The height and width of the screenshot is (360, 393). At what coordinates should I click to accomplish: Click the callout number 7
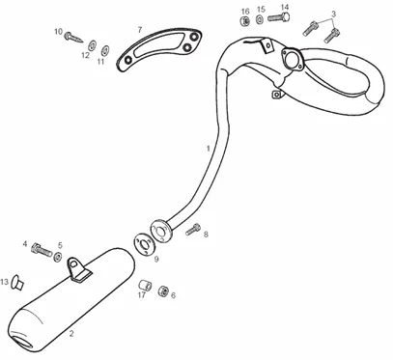pyautogui.click(x=139, y=30)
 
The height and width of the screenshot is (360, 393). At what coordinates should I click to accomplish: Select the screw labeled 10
pyautogui.click(x=73, y=38)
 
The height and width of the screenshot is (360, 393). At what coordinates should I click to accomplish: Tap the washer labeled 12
pyautogui.click(x=93, y=45)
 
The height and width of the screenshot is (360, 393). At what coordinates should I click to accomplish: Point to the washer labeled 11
pyautogui.click(x=105, y=50)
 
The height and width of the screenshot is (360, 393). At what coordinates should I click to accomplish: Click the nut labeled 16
pyautogui.click(x=245, y=21)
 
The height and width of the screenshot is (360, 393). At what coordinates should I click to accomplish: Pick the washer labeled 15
pyautogui.click(x=260, y=19)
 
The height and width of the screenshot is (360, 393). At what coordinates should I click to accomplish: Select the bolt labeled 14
pyautogui.click(x=279, y=17)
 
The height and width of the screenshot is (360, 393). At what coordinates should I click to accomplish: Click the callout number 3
pyautogui.click(x=333, y=14)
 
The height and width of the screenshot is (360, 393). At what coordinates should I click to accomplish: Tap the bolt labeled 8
pyautogui.click(x=193, y=230)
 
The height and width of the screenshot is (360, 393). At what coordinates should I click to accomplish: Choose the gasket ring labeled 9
pyautogui.click(x=145, y=244)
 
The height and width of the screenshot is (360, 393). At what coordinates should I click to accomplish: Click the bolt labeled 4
pyautogui.click(x=42, y=250)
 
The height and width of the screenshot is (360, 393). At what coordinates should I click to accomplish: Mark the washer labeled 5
pyautogui.click(x=58, y=257)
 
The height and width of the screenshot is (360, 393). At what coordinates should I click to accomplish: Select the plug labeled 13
pyautogui.click(x=17, y=282)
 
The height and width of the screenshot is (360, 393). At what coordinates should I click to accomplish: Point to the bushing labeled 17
pyautogui.click(x=144, y=285)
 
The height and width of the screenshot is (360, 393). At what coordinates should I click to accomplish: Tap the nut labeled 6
pyautogui.click(x=163, y=291)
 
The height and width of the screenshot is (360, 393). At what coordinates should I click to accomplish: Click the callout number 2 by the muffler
pyautogui.click(x=71, y=334)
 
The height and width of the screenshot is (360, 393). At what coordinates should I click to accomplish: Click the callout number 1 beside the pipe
pyautogui.click(x=209, y=149)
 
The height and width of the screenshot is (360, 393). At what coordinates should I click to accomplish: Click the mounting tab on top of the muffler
pyautogui.click(x=77, y=269)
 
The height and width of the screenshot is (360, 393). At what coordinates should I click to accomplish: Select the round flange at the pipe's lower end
pyautogui.click(x=161, y=232)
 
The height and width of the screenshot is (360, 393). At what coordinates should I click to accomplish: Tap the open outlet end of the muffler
pyautogui.click(x=22, y=343)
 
